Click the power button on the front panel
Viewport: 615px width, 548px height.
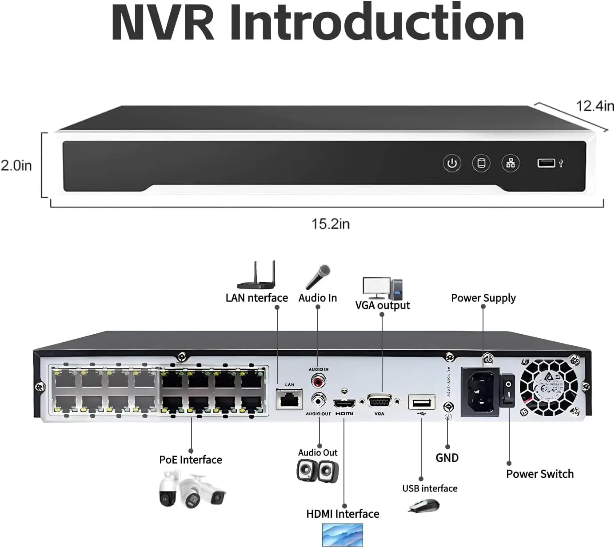tap(452, 163)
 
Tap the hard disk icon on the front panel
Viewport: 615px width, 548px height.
tap(481, 163)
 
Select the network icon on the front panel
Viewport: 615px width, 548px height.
tap(510, 163)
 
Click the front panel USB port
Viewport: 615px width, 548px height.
tap(546, 163)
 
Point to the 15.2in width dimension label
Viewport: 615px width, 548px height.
tap(330, 224)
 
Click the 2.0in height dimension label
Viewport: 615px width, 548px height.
tap(16, 165)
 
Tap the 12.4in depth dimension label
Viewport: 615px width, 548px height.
tap(595, 106)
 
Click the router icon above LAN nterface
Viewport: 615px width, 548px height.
tap(256, 276)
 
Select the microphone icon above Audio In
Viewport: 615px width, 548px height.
tap(318, 277)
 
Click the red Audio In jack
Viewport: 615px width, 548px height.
tap(318, 381)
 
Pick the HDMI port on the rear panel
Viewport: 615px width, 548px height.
tap(344, 404)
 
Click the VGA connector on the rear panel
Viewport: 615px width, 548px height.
tap(379, 402)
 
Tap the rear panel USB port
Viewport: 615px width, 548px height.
tap(421, 403)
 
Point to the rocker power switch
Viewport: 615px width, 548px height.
tap(507, 390)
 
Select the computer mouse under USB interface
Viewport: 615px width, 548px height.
tap(424, 506)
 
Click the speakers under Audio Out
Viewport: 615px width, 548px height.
tap(318, 471)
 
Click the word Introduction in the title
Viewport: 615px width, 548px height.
tap(377, 23)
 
